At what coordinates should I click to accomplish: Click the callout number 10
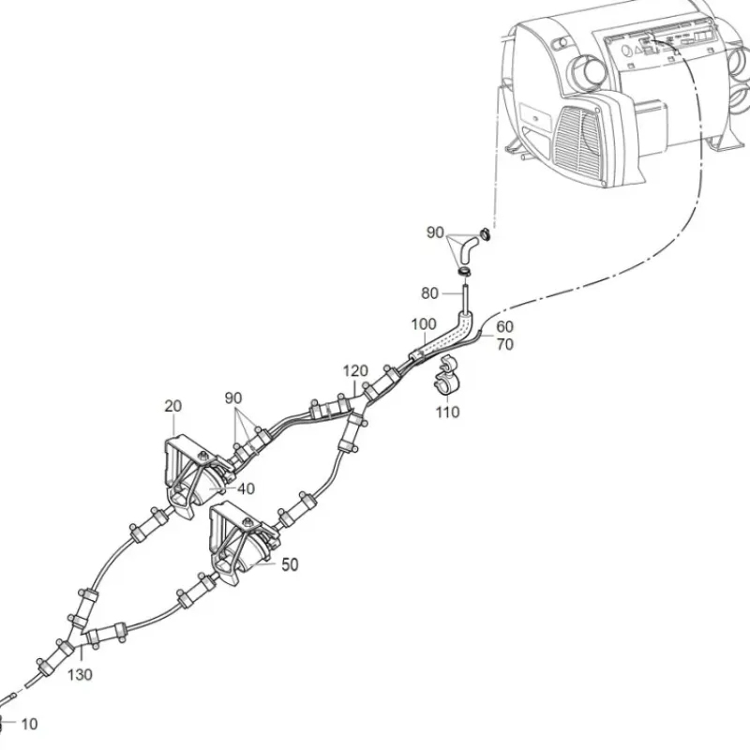29,724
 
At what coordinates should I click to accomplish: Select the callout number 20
173,406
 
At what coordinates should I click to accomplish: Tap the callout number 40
246,488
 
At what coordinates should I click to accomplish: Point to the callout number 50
290,564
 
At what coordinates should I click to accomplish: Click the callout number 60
504,326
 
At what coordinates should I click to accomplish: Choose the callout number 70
504,344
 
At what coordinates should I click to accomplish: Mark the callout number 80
429,293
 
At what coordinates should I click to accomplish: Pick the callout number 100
424,324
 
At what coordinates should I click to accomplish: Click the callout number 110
447,412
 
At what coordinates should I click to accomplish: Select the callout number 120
355,370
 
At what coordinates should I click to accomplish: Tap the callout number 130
80,675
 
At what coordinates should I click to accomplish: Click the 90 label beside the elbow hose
435,232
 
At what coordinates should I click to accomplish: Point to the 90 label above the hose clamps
233,397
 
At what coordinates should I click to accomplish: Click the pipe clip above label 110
447,373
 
